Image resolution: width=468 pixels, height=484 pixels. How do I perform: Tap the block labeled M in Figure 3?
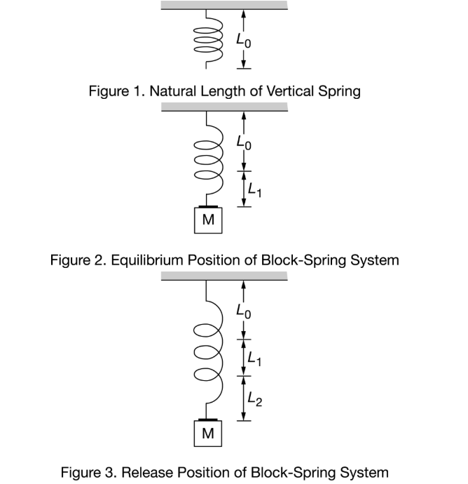pyautogui.click(x=207, y=433)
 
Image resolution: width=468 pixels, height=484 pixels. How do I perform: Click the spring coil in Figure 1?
pyautogui.click(x=207, y=40)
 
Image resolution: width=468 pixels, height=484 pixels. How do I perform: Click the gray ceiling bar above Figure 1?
pyautogui.click(x=224, y=5)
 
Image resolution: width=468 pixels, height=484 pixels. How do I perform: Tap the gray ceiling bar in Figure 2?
pyautogui.click(x=224, y=107)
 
